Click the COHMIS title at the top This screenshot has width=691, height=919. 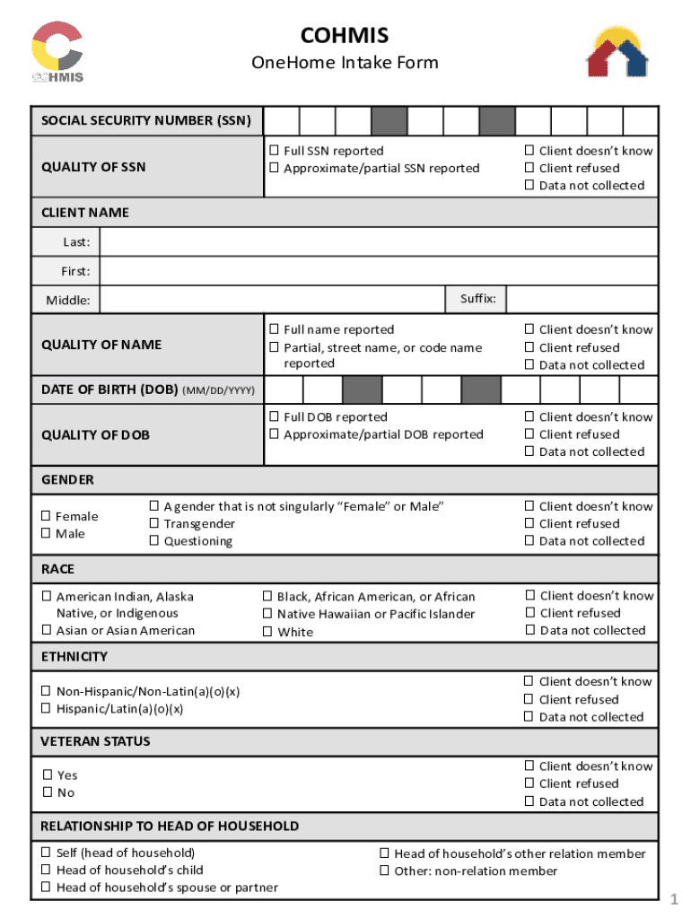(345, 35)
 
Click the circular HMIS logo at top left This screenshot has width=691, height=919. (57, 52)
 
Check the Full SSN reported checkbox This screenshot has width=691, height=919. (276, 151)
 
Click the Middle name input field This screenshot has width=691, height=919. (273, 300)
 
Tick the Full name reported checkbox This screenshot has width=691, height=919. (276, 329)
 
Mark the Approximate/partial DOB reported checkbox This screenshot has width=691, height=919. (276, 434)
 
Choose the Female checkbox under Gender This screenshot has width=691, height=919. (47, 516)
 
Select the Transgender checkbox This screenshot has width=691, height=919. (154, 524)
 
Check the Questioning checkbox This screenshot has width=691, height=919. (154, 541)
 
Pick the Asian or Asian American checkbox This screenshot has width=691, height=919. (47, 630)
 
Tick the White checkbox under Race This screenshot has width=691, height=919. (267, 632)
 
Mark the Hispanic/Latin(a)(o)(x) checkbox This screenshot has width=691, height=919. (47, 709)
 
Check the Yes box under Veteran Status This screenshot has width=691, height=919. (48, 775)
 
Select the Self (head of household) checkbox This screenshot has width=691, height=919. (47, 853)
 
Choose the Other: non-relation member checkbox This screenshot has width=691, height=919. (385, 871)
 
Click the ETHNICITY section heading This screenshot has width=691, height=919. (74, 657)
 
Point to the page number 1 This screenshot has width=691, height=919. (672, 899)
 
